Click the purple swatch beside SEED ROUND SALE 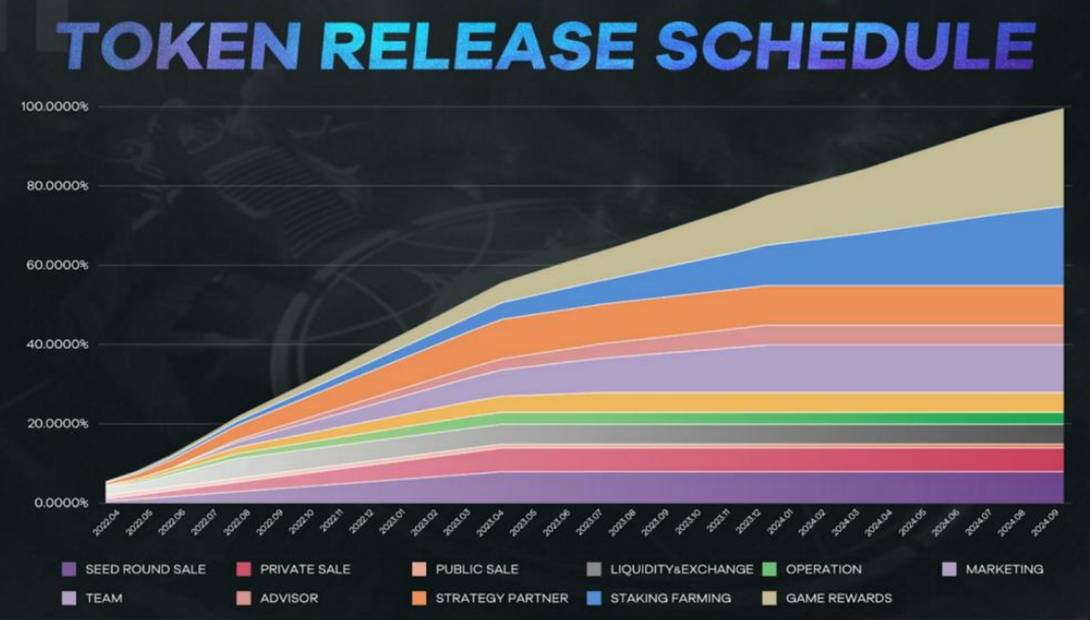click(x=67, y=570)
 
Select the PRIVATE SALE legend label click(x=305, y=570)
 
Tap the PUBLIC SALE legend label click(x=477, y=570)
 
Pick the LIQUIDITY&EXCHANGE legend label click(x=682, y=570)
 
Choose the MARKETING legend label click(x=1005, y=570)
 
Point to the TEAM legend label click(x=104, y=598)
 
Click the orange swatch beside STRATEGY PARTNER click(x=418, y=598)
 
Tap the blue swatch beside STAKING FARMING click(x=594, y=598)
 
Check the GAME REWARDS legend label click(x=838, y=598)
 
